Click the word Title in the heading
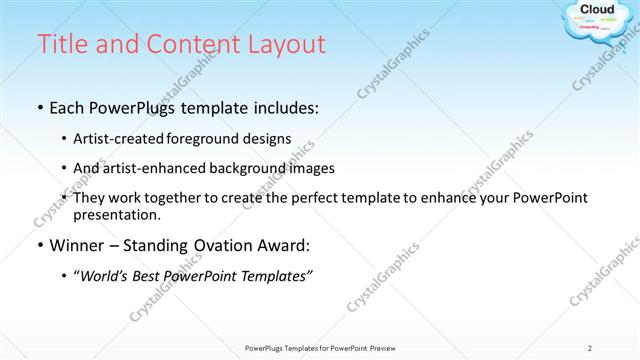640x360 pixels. [x=59, y=45]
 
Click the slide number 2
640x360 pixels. [x=589, y=347]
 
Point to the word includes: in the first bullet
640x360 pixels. [x=284, y=107]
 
